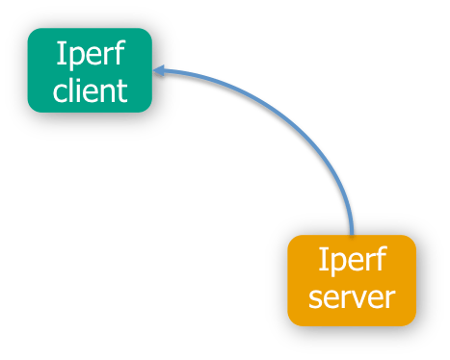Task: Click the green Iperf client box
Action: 90,70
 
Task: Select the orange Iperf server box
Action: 352,279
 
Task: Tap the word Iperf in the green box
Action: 90,53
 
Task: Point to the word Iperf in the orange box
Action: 352,261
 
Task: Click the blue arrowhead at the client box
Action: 160,70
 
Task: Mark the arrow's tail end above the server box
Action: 353,231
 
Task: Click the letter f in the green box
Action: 117,52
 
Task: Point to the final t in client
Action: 122,90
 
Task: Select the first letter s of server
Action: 313,297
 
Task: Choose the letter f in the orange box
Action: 379,260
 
